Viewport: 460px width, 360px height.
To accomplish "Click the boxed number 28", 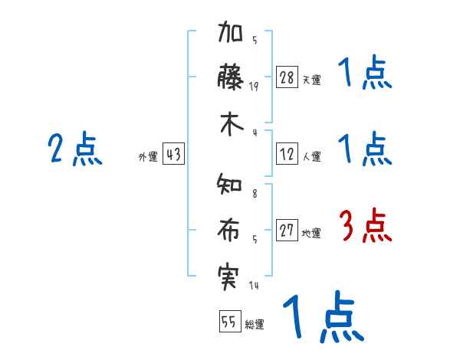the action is pyautogui.click(x=287, y=77).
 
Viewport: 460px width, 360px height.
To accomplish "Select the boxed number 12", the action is pyautogui.click(x=287, y=154).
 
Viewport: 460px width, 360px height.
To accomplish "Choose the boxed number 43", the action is pyautogui.click(x=173, y=155).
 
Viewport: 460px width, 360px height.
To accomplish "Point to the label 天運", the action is pyautogui.click(x=311, y=80).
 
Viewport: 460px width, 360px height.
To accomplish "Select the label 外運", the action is pyautogui.click(x=148, y=157).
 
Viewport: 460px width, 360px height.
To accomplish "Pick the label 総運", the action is pyautogui.click(x=255, y=325).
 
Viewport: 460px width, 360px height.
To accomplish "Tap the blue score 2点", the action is pyautogui.click(x=75, y=149).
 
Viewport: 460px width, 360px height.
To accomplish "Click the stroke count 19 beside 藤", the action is pyautogui.click(x=254, y=87).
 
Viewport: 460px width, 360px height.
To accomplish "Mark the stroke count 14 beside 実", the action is pyautogui.click(x=254, y=286).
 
